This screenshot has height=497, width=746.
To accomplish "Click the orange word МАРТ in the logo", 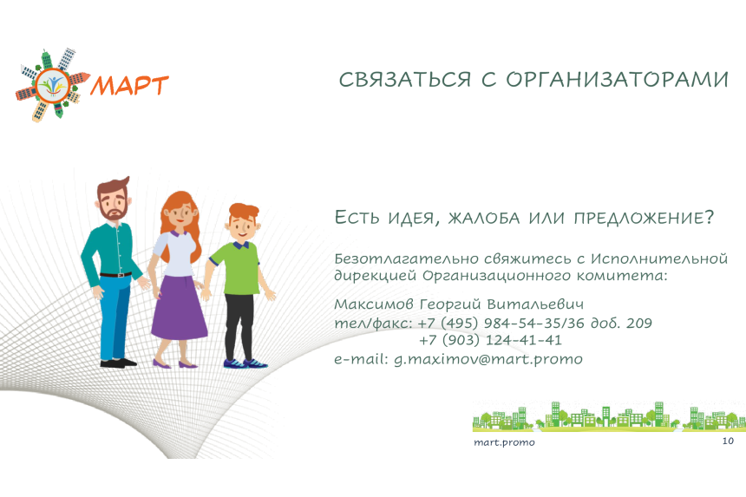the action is point(129,86).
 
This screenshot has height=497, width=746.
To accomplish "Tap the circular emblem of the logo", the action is point(53,86).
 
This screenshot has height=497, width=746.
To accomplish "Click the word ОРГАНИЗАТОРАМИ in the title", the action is point(617,80).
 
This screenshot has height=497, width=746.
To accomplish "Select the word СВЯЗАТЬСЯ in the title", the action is point(405,80).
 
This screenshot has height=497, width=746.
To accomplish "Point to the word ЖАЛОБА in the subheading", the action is point(484,219).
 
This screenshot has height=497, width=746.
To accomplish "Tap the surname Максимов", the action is point(374,304).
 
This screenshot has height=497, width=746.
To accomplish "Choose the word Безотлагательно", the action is point(406,259).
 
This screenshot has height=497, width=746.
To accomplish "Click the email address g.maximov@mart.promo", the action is point(488,359).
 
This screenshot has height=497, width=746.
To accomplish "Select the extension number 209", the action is point(639,324).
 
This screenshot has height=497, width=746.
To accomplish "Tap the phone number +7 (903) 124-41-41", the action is point(490,340).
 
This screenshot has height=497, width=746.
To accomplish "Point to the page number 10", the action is point(728,441).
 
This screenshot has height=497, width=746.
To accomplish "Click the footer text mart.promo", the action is point(504,442).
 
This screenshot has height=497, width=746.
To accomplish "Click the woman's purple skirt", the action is point(180,307).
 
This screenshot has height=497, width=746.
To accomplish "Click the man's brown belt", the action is point(116,274).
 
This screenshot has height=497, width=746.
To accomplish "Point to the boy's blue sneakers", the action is point(245,363).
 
